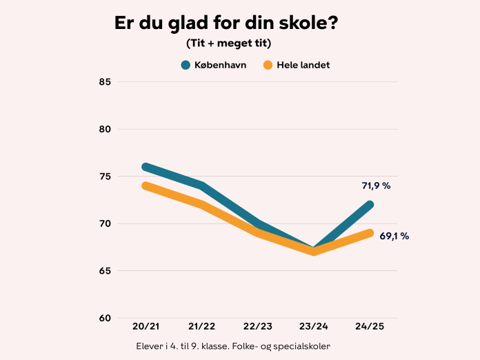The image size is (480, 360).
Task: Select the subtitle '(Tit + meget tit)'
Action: pyautogui.click(x=228, y=43)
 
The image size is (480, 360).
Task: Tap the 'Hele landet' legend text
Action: pyautogui.click(x=303, y=66)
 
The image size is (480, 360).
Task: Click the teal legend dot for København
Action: pyautogui.click(x=186, y=66)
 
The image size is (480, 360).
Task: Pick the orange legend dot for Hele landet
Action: pyautogui.click(x=268, y=66)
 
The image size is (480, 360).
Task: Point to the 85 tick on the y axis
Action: pyautogui.click(x=105, y=82)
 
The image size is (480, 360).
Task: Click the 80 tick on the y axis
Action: pyautogui.click(x=105, y=129)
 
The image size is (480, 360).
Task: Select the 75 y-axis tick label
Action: pyautogui.click(x=105, y=177)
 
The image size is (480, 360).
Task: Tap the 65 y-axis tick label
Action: pyautogui.click(x=105, y=271)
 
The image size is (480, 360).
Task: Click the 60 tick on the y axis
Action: pyautogui.click(x=105, y=318)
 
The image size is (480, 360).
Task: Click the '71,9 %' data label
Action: pyautogui.click(x=376, y=186)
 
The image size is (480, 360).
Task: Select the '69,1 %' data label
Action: pyautogui.click(x=394, y=236)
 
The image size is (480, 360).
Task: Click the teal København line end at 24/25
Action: pyautogui.click(x=370, y=205)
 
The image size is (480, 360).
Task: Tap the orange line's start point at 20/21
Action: pyautogui.click(x=146, y=186)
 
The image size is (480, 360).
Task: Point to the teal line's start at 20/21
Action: pyautogui.click(x=146, y=167)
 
